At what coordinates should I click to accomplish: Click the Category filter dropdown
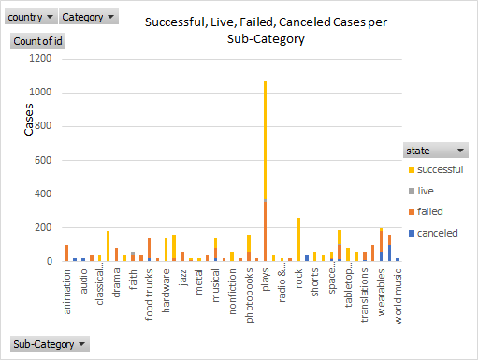[89, 17]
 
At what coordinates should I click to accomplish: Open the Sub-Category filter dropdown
[49, 344]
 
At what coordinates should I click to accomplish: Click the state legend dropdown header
[435, 151]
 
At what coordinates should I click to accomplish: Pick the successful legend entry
[439, 169]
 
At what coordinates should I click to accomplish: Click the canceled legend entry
[437, 232]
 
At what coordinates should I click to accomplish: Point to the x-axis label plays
[265, 281]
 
